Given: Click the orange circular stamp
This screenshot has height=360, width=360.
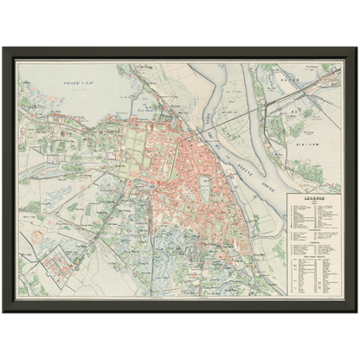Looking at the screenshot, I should pyautogui.click(x=35, y=234).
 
